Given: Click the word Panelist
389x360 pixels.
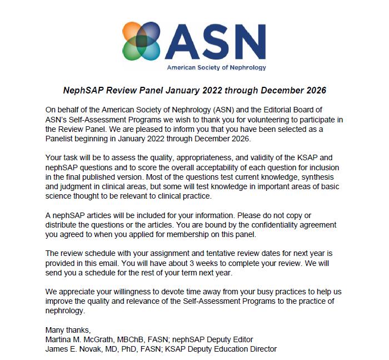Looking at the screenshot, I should (x=62, y=139).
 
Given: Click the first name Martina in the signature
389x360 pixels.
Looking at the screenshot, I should (x=59, y=339).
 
